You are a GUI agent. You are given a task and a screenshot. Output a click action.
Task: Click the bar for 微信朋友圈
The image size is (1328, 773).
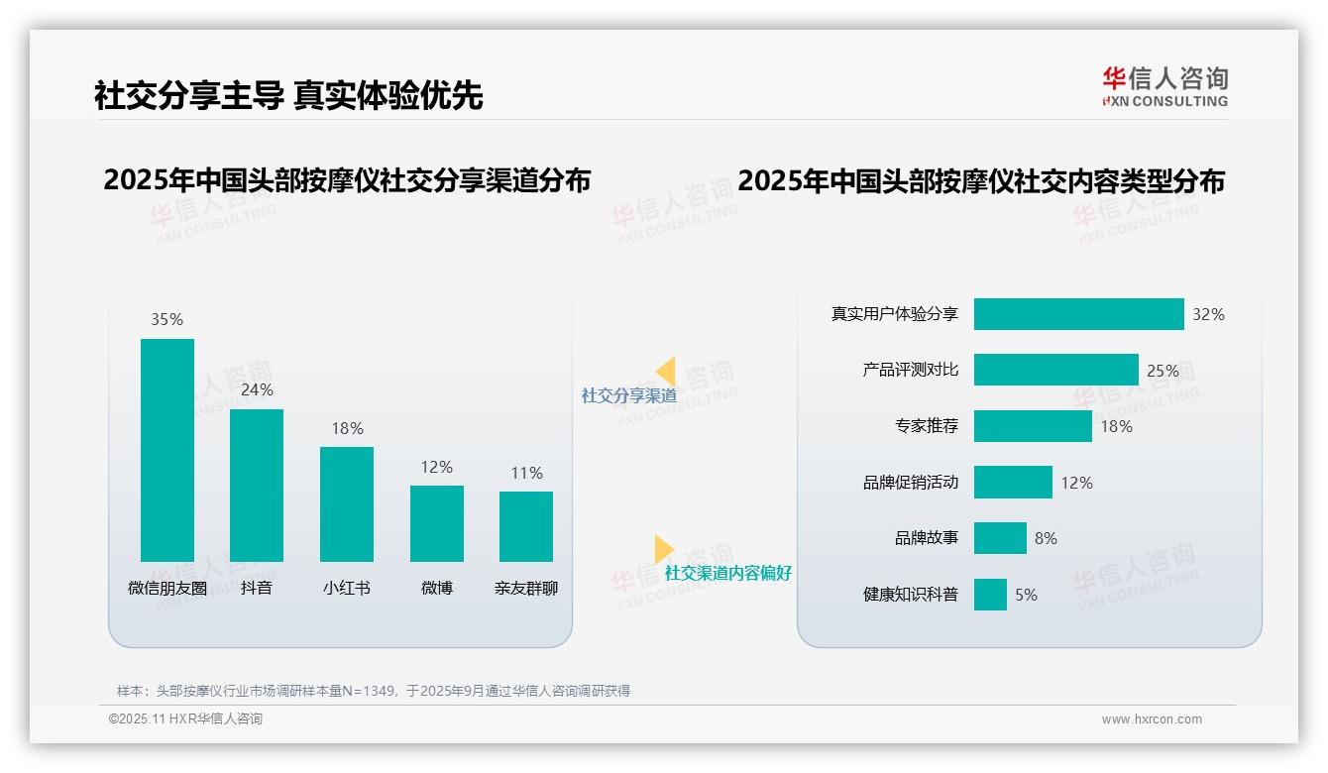tap(167, 451)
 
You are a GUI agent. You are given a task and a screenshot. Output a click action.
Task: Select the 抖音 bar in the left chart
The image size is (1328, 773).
tap(257, 486)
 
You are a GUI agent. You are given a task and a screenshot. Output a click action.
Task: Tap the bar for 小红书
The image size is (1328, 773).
tap(347, 504)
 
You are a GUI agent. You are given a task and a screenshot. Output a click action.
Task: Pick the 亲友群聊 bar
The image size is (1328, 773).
tap(526, 526)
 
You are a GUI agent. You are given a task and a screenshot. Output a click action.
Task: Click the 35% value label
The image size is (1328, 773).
tap(167, 320)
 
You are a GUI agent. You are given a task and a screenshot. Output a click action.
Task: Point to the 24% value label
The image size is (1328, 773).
tap(257, 390)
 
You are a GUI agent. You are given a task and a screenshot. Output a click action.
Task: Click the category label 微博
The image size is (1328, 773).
tap(437, 588)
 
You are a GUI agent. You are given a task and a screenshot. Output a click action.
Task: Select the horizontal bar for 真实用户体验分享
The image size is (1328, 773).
tap(1078, 314)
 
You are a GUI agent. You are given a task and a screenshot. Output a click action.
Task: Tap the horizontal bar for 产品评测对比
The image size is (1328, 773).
tap(1055, 371)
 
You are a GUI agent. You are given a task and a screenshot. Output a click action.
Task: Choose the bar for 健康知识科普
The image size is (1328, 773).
tap(990, 595)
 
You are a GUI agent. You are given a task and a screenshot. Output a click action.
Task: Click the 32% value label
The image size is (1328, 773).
tap(1208, 314)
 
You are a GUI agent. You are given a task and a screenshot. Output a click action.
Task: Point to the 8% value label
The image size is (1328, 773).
tap(1046, 538)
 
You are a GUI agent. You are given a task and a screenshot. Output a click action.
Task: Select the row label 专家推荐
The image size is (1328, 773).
tap(927, 427)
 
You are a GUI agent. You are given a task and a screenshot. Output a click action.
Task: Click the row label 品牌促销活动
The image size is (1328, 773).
tap(911, 483)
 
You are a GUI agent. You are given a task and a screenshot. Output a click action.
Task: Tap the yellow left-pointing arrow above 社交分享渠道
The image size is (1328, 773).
tap(666, 372)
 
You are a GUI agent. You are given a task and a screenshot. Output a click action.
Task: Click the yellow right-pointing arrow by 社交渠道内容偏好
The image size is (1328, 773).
tap(663, 549)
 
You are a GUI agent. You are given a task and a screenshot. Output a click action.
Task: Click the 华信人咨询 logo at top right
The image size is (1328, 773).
tap(1164, 86)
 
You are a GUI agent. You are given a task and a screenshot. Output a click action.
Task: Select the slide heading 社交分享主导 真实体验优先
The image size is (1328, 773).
tap(288, 96)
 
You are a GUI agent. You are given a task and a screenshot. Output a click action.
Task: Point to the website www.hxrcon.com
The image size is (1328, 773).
tap(1152, 719)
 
